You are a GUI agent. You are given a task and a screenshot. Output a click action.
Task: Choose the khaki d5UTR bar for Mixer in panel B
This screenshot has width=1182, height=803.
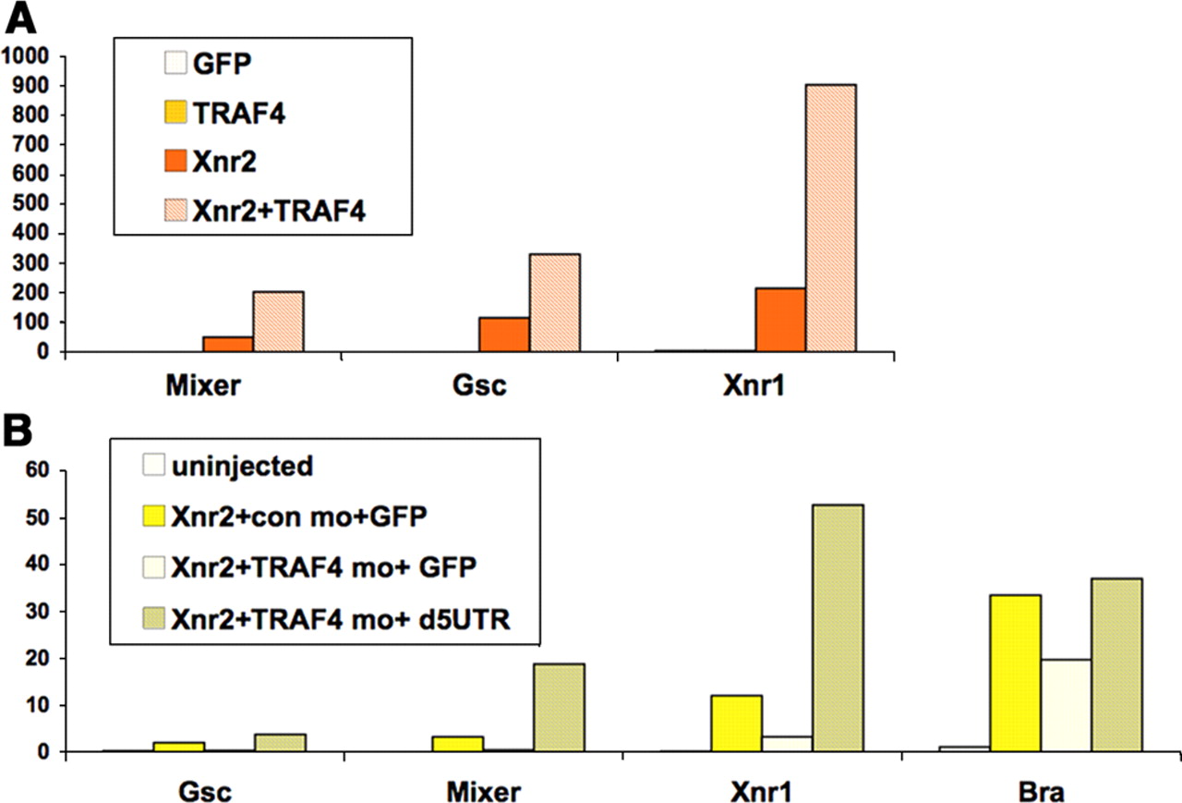point(559,708)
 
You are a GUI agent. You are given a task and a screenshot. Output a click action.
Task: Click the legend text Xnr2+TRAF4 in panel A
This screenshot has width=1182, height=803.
point(281,212)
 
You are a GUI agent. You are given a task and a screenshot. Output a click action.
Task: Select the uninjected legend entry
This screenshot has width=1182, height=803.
point(242,466)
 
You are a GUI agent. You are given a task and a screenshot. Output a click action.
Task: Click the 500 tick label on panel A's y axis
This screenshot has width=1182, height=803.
point(37,203)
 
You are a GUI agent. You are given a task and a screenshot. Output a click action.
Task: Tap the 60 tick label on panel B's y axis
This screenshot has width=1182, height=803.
point(42,471)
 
